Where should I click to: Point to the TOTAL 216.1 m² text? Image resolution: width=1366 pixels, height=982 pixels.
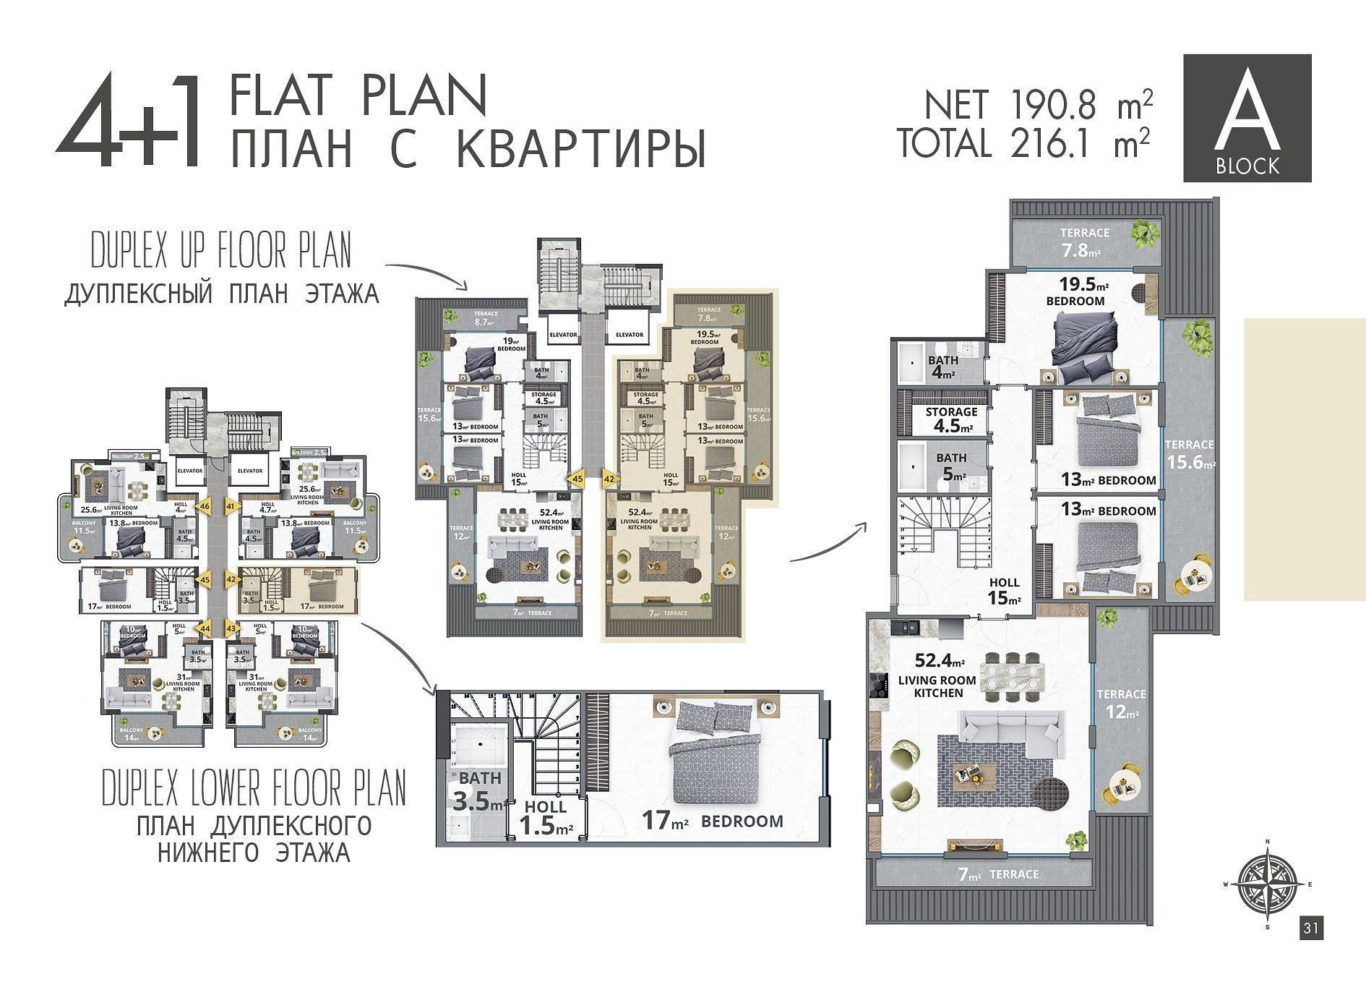1023,142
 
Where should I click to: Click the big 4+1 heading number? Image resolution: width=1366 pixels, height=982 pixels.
128,119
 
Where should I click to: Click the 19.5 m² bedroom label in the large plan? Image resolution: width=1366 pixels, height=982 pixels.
1075,293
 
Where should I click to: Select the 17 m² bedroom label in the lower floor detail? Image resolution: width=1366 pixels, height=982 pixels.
712,821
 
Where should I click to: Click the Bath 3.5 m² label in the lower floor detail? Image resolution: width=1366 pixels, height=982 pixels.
479,791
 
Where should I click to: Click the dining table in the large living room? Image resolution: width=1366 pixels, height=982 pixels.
1016,674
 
